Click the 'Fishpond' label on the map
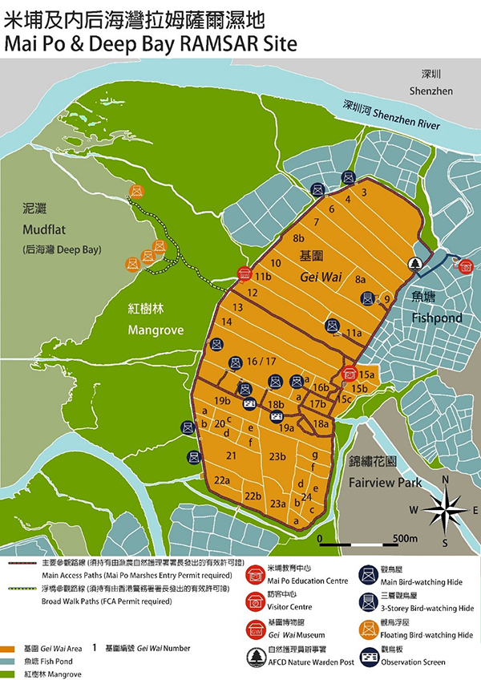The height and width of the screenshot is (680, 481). (437, 318)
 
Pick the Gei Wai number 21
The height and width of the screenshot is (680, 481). (232, 455)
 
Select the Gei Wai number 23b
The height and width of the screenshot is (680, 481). (278, 456)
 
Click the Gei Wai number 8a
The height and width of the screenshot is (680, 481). (360, 278)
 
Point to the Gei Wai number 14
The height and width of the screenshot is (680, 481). (227, 322)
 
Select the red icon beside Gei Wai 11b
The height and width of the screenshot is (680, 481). (244, 274)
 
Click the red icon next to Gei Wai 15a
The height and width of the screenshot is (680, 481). (349, 373)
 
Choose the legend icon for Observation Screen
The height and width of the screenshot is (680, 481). (371, 657)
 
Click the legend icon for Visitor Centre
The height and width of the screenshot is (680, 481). (257, 601)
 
